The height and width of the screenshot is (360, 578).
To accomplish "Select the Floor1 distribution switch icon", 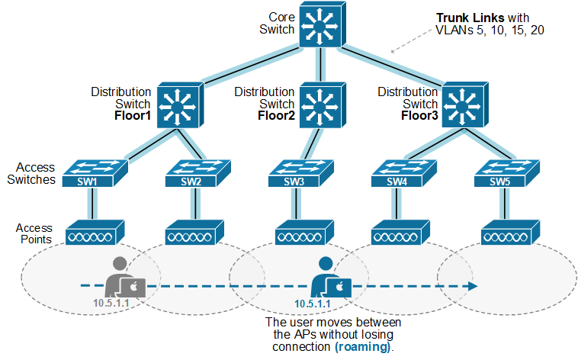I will pyautogui.click(x=180, y=106).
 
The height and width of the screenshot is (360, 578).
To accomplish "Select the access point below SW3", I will pyautogui.click(x=297, y=234).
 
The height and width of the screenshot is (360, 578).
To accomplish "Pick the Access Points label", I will pyautogui.click(x=35, y=233).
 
